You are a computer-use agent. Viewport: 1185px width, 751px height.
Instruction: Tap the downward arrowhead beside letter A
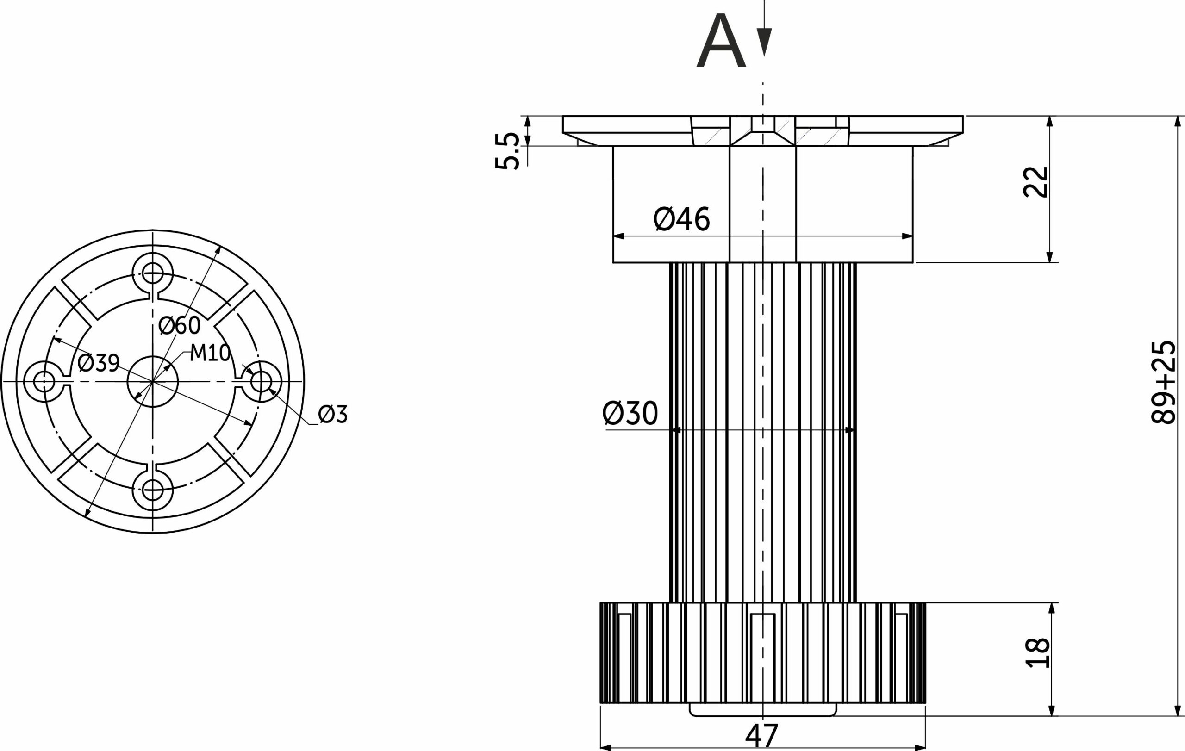[x=764, y=42]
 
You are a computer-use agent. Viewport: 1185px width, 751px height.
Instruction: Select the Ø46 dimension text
[x=681, y=219]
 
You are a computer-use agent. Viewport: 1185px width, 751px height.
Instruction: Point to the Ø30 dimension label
[x=630, y=413]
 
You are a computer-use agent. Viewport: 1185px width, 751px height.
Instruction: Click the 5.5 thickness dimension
[x=507, y=150]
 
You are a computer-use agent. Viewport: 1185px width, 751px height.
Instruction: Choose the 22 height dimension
[x=1036, y=182]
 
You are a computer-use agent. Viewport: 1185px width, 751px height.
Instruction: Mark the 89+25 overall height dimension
[x=1163, y=382]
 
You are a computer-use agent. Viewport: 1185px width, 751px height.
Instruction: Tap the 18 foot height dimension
[x=1037, y=652]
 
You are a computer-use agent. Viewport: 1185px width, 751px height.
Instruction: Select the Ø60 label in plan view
[x=180, y=325]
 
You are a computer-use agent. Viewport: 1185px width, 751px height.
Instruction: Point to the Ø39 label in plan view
[x=99, y=363]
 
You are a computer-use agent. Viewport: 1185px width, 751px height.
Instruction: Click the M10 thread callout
[x=211, y=353]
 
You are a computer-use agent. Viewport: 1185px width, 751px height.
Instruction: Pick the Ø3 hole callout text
[x=333, y=414]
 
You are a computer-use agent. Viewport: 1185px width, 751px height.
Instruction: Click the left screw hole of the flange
[x=44, y=381]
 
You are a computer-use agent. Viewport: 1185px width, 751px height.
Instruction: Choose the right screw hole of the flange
[x=262, y=381]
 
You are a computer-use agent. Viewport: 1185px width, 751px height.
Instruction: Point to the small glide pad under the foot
[x=763, y=710]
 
